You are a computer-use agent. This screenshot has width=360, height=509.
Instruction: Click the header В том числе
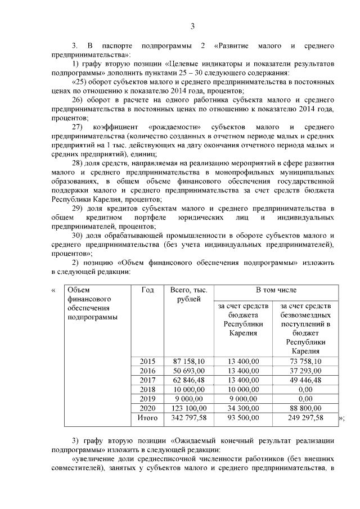tap(276, 290)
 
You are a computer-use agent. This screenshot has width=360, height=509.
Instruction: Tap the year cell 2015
tap(147, 361)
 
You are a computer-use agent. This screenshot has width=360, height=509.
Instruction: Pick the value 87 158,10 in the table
tap(188, 361)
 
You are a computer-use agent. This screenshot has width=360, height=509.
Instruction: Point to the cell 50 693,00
tap(188, 371)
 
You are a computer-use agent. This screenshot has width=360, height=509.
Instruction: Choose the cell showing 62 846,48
tap(188, 380)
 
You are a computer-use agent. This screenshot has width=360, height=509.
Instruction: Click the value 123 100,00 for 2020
tap(188, 408)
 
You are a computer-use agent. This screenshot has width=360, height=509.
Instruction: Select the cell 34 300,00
tap(243, 408)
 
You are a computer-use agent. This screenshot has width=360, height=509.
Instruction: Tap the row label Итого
tap(147, 418)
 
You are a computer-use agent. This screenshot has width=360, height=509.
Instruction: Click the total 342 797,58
tap(188, 418)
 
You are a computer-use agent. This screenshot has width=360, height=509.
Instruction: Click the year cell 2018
tap(147, 389)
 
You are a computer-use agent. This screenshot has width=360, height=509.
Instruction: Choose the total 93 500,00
tap(243, 418)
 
